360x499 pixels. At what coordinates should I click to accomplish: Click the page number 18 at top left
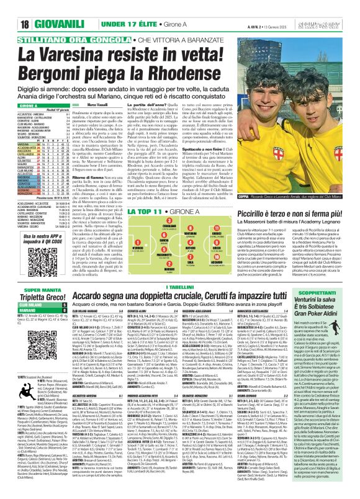click(12, 7)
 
